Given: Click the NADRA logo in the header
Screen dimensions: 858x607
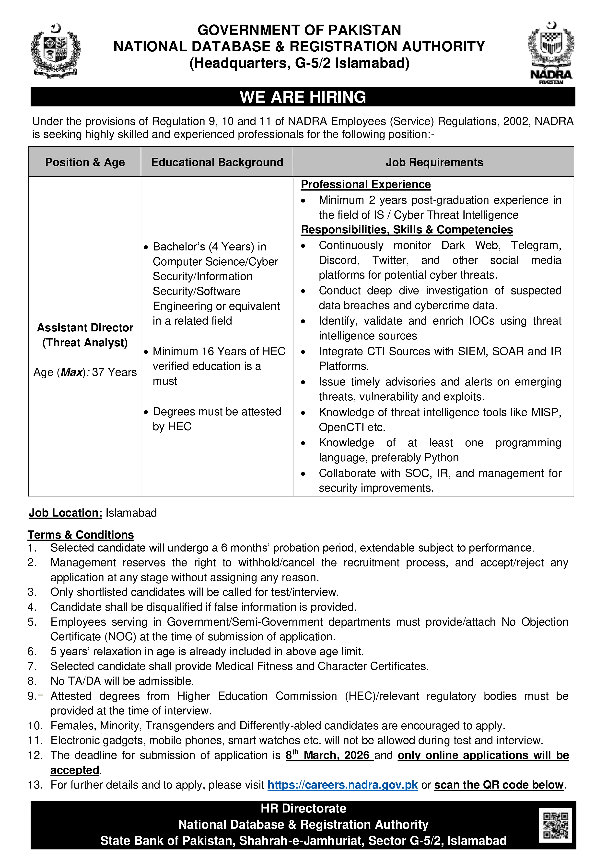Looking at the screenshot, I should (551, 52).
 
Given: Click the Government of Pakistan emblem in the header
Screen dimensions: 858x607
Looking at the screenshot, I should (55, 51).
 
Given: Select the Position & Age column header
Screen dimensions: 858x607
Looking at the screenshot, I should (85, 162).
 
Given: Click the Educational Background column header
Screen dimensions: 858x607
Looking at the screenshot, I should (217, 162).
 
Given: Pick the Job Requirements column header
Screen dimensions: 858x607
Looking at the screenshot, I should (434, 162).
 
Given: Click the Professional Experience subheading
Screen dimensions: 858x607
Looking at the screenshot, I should (365, 185).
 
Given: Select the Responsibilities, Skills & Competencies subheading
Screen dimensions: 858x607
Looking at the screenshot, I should (407, 229).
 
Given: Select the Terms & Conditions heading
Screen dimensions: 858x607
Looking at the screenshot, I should (81, 535).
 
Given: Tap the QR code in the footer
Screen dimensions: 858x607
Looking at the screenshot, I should (555, 825).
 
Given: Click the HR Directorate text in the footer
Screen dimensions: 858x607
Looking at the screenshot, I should (303, 808).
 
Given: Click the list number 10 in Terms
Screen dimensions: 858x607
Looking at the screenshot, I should (35, 726).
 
